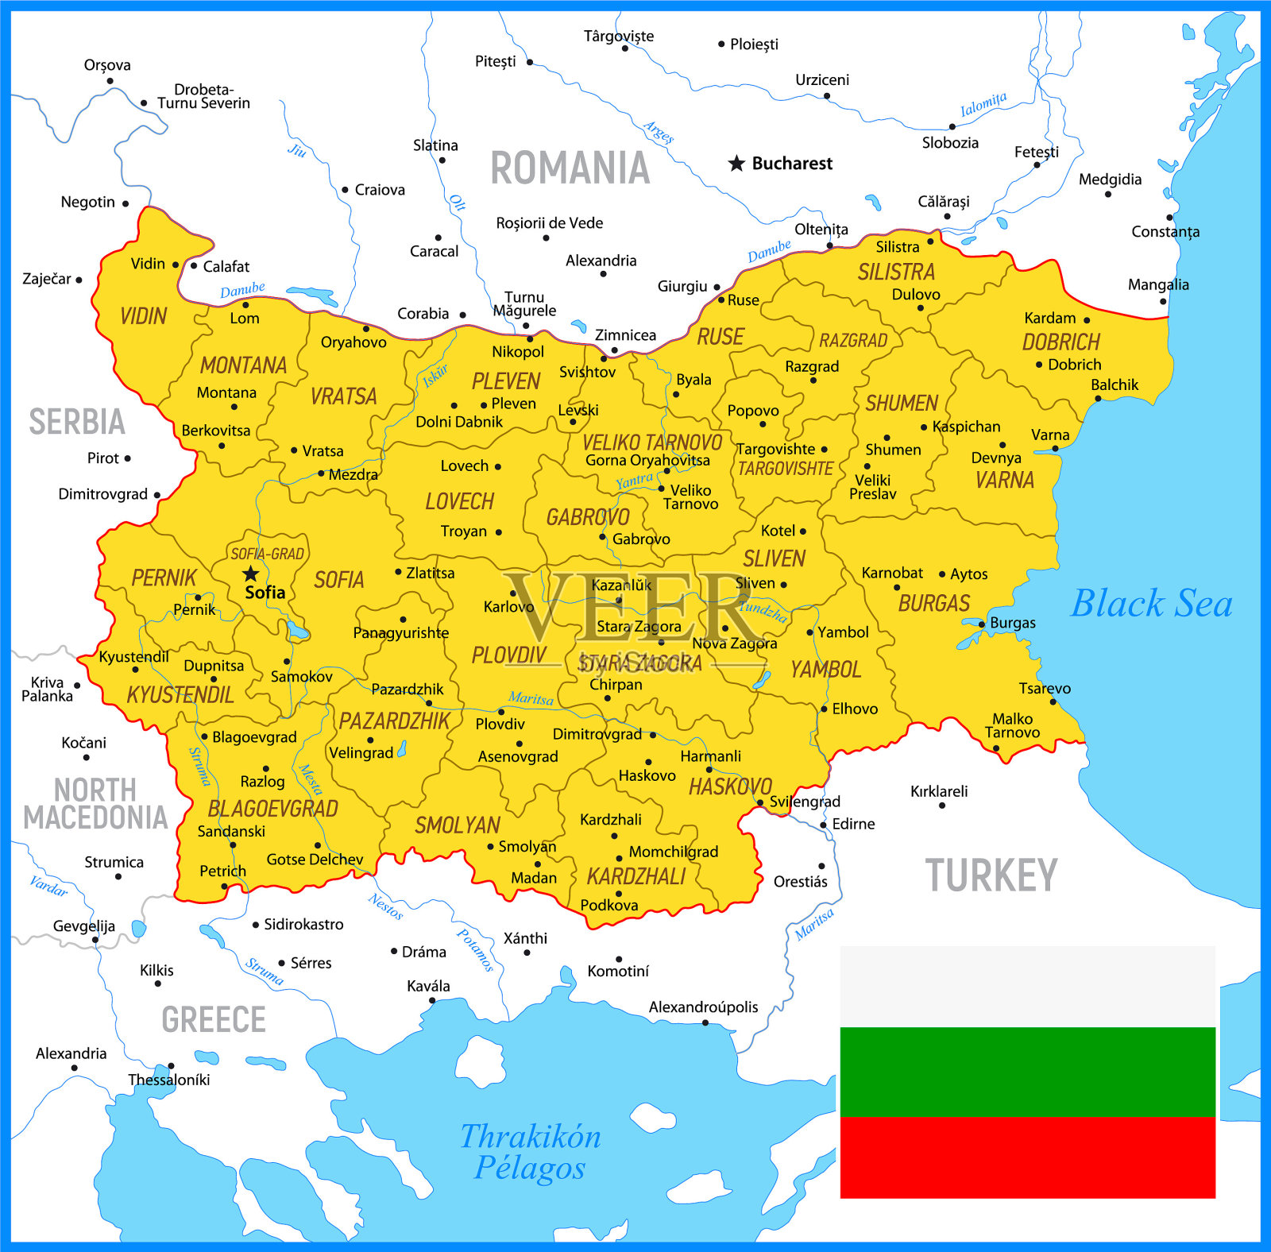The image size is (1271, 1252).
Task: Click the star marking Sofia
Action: click(x=251, y=574)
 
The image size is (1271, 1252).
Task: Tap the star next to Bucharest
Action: click(x=736, y=164)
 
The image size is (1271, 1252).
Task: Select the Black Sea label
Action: click(x=1151, y=604)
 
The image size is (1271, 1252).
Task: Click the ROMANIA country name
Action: click(x=570, y=168)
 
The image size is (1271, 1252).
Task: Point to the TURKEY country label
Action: click(x=991, y=875)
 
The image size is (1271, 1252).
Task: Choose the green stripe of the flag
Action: click(x=1027, y=1071)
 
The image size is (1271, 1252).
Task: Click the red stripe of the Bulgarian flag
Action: click(x=1027, y=1157)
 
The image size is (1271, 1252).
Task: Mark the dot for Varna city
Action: click(x=1055, y=449)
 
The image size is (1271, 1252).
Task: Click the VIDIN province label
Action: click(x=143, y=316)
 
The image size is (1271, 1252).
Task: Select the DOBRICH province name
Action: click(x=1060, y=342)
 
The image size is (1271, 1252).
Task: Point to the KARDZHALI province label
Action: click(x=635, y=876)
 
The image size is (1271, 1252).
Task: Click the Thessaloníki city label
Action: click(x=169, y=1080)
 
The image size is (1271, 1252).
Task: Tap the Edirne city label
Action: click(x=853, y=824)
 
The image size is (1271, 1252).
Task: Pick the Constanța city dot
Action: click(x=1169, y=217)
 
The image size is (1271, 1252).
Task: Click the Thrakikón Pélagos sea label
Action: click(x=530, y=1152)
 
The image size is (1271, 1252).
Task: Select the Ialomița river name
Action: click(x=983, y=104)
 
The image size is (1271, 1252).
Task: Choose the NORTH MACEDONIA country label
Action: click(x=95, y=803)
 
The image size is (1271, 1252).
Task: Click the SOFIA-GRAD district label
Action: click(x=267, y=554)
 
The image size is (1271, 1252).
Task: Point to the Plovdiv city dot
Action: click(x=501, y=712)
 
